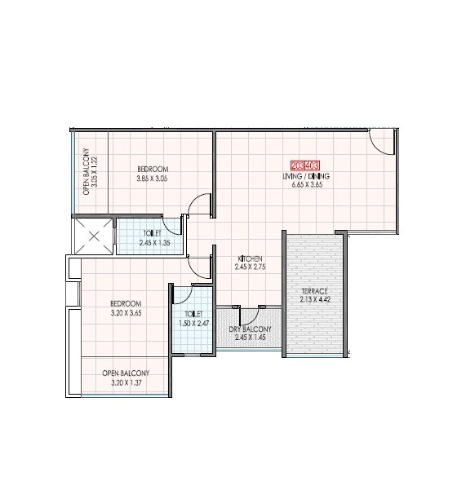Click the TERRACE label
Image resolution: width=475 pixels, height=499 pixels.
pos(314,291)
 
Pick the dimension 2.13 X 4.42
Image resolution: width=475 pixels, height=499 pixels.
pos(314,301)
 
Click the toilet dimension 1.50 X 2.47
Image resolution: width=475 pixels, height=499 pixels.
pos(193,322)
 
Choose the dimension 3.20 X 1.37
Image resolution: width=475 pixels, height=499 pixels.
pos(124,381)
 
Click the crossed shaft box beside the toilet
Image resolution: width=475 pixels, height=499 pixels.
pos(93,237)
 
